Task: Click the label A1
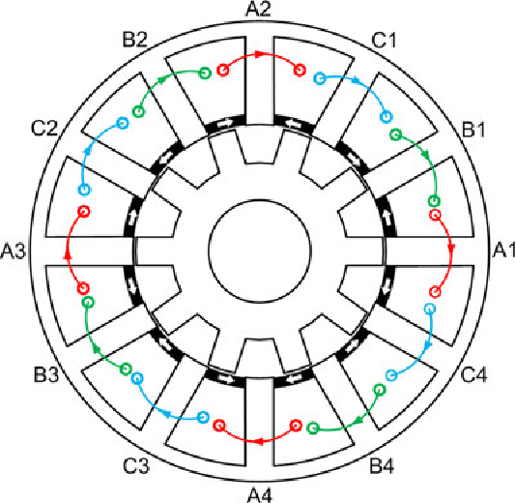[504, 250]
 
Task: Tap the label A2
[258, 9]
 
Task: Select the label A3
[13, 251]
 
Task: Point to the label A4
[260, 495]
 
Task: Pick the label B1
[473, 130]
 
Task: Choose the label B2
[134, 40]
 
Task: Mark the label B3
[46, 374]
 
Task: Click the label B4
[382, 466]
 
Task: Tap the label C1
[384, 41]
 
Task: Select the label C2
[44, 129]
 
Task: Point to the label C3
[136, 466]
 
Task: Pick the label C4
[474, 374]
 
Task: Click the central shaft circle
[260, 251]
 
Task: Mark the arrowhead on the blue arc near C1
[357, 79]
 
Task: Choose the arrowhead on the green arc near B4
[359, 421]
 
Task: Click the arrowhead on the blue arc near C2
[87, 151]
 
